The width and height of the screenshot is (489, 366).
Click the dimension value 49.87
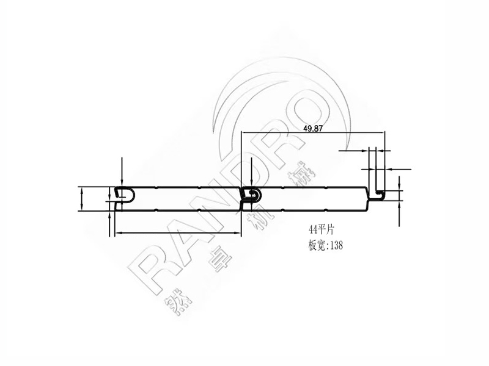(313, 129)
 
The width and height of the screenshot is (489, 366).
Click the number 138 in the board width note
(336, 246)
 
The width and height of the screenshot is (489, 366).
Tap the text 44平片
(322, 230)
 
